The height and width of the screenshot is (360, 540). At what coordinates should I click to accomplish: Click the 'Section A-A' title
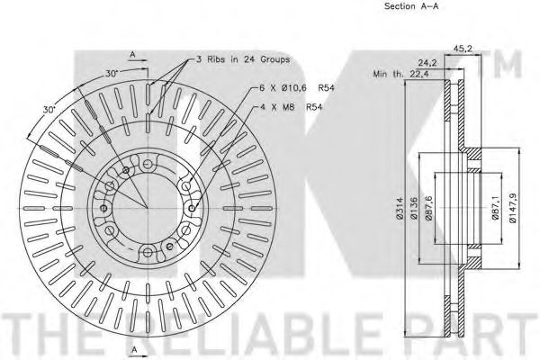click(x=411, y=6)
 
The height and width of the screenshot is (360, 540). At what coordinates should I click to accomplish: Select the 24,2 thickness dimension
click(x=427, y=63)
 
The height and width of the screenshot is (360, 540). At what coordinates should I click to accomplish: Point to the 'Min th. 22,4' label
click(x=400, y=74)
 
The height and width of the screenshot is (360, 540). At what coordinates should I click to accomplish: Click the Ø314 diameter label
click(x=400, y=209)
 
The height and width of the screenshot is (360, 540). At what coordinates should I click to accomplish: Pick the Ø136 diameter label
click(x=414, y=209)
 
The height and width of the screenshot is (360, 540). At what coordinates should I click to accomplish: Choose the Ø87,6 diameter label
click(x=428, y=208)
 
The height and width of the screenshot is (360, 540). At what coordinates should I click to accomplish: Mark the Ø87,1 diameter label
click(x=495, y=208)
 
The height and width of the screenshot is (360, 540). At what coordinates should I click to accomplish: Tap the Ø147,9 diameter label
click(x=512, y=208)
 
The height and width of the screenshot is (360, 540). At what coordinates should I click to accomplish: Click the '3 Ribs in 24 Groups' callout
click(x=243, y=59)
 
